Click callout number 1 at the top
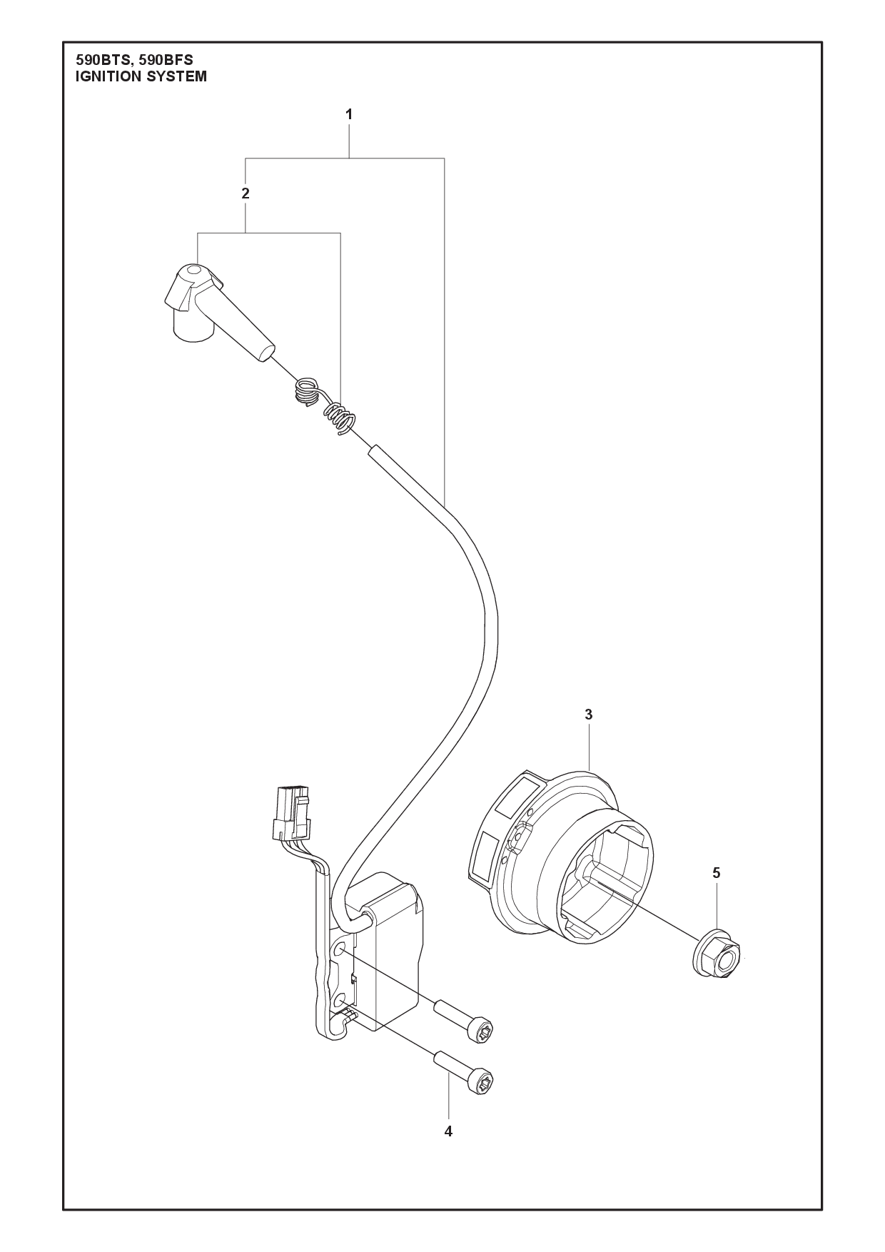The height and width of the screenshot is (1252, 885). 349,114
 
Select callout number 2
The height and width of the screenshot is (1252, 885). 246,193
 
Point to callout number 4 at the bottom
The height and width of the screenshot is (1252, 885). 448,1131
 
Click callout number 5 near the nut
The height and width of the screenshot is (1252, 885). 716,872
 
